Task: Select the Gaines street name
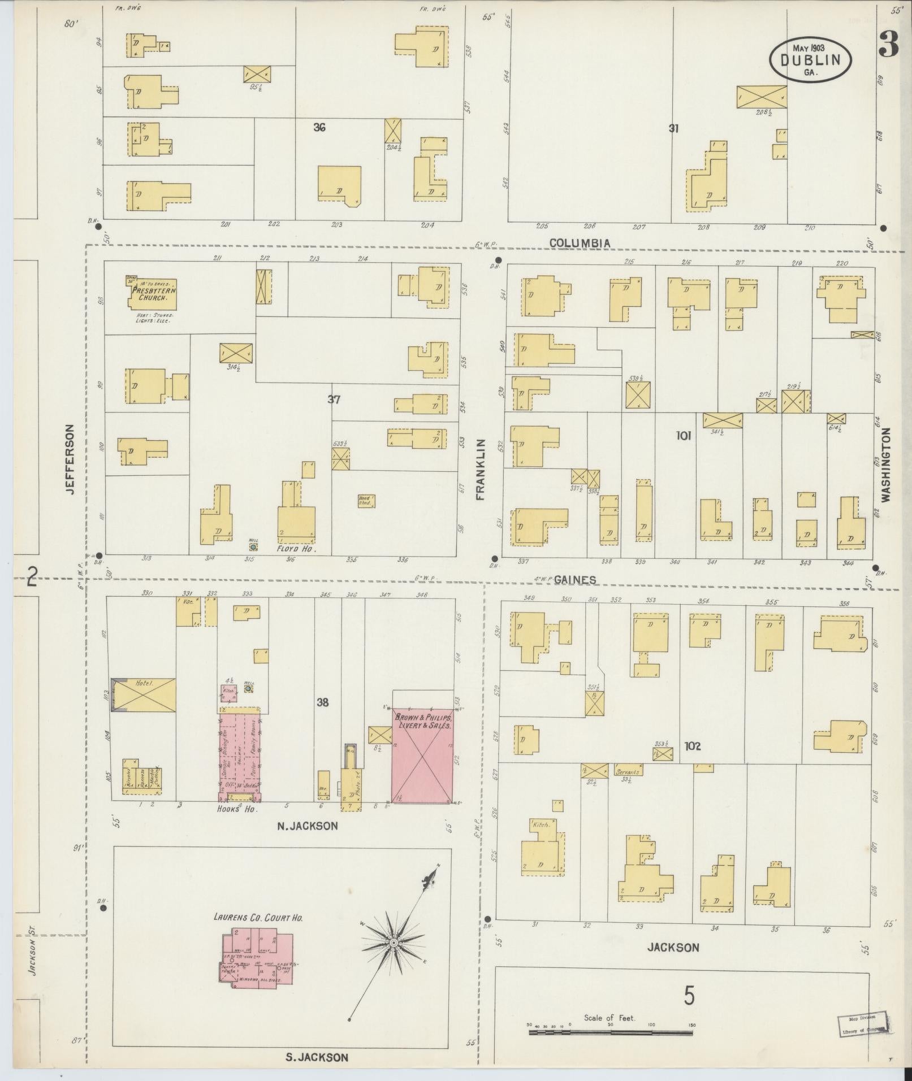tap(575, 580)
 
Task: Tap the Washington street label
tap(885, 464)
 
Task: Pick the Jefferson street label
tap(70, 459)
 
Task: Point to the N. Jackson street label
tap(307, 826)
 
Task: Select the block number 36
tap(319, 128)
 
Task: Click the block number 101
tap(683, 436)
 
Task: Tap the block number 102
tap(692, 746)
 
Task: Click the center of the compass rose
tap(393, 943)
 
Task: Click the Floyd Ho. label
tap(295, 548)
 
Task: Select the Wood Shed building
tap(366, 500)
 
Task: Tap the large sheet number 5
tap(689, 996)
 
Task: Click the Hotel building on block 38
tap(143, 694)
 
